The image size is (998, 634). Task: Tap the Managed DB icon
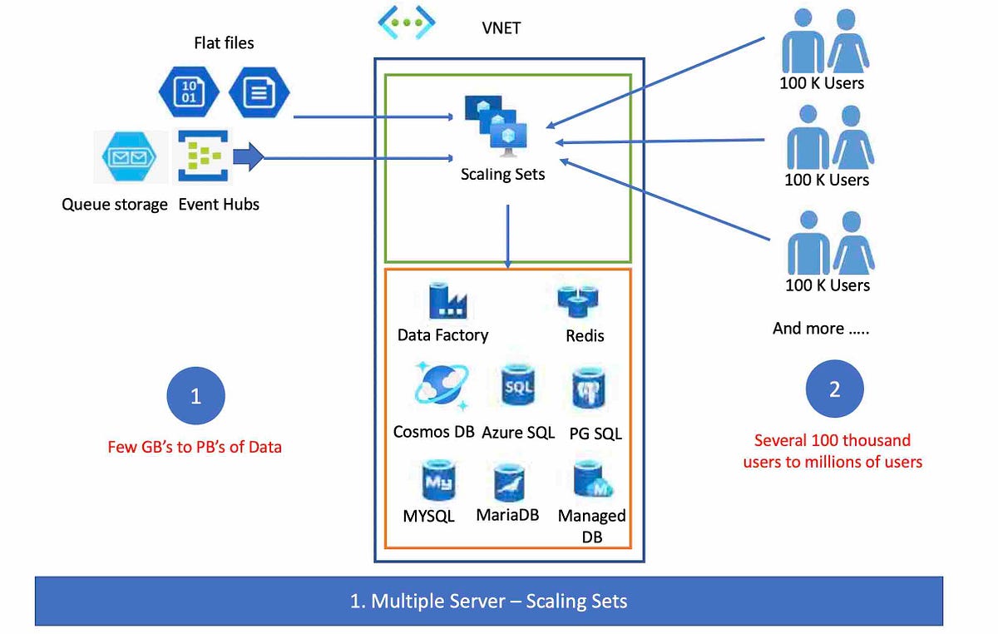pyautogui.click(x=592, y=480)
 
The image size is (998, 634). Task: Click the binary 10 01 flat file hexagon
pyautogui.click(x=188, y=91)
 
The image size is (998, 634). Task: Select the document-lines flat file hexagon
pyautogui.click(x=259, y=91)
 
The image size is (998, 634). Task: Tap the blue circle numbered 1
pyautogui.click(x=195, y=396)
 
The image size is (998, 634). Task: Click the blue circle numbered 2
pyautogui.click(x=834, y=389)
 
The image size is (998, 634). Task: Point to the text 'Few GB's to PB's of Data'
pyautogui.click(x=195, y=447)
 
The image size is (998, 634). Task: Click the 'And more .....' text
pyautogui.click(x=820, y=328)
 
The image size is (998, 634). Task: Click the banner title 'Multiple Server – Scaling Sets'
pyautogui.click(x=488, y=601)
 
